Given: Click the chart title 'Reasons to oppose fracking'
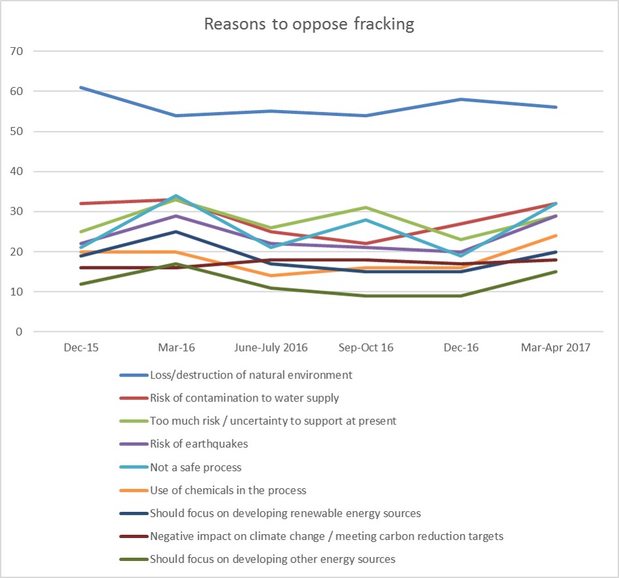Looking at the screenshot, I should tap(309, 25).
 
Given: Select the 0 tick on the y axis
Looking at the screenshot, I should tap(20, 332).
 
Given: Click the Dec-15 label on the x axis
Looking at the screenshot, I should tap(81, 348).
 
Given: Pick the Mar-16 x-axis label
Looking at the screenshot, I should tap(176, 348).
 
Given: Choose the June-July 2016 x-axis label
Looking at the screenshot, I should tap(271, 348).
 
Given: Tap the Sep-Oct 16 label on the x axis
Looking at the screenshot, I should tap(366, 348).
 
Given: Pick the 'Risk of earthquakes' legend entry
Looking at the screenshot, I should tap(200, 444).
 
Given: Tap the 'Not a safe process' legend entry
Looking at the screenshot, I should tap(196, 467).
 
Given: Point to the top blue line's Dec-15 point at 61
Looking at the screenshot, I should tap(81, 87).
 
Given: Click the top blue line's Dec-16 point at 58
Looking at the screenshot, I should tap(461, 99).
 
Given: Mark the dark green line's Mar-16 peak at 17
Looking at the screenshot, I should tap(176, 264).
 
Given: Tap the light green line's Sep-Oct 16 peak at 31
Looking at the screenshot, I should tap(366, 208).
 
